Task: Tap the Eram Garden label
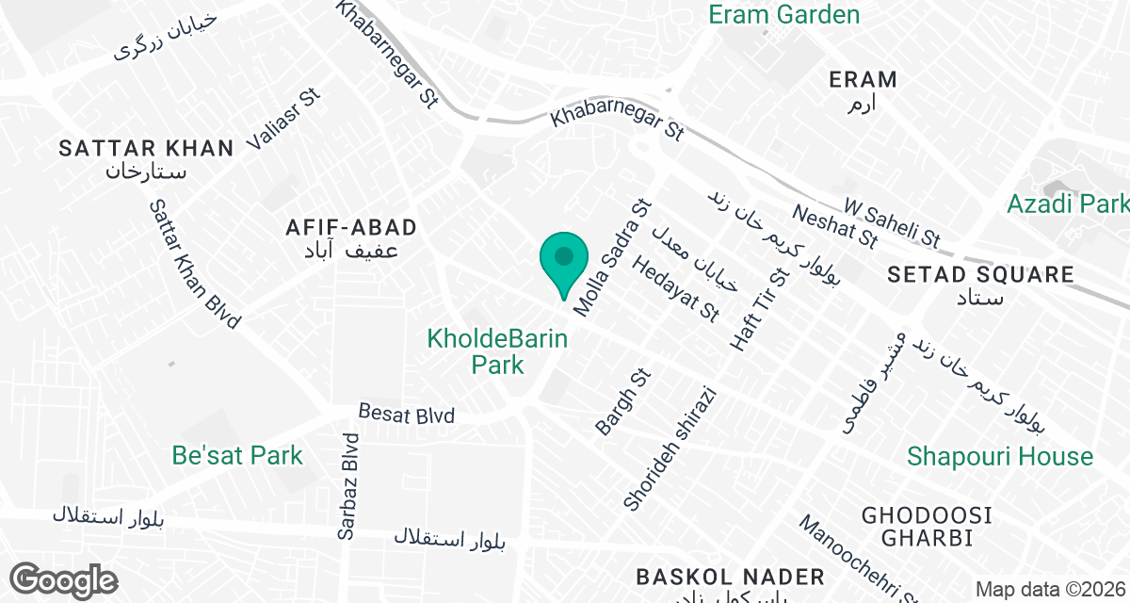coord(783,15)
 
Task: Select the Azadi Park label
coord(1067,204)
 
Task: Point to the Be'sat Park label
coord(237,456)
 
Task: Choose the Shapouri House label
coord(999,457)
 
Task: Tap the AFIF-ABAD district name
coord(351,227)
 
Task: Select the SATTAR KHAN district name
coord(146,148)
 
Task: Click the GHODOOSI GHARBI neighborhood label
coord(928,527)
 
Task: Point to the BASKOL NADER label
coord(730,577)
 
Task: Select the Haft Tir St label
coord(759,309)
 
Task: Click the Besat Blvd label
coord(407,415)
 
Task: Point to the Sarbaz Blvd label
coord(349,486)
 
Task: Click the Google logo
coord(64,579)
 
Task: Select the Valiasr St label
coord(283,120)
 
